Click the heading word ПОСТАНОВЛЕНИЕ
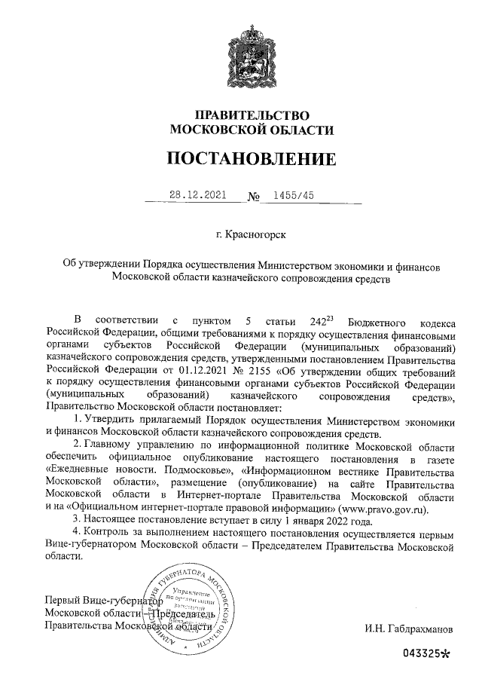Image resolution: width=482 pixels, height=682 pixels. tap(252, 159)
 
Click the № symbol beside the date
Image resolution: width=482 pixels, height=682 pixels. tap(254, 197)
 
